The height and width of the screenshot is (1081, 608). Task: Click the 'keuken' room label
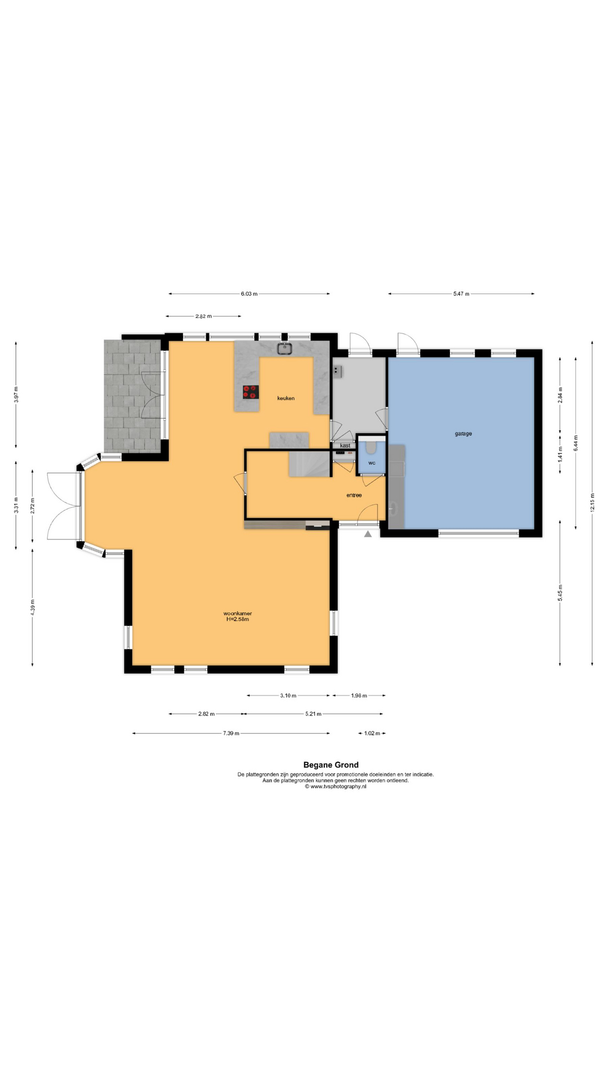point(285,398)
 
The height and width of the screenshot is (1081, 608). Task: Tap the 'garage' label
point(463,434)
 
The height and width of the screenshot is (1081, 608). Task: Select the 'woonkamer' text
point(238,613)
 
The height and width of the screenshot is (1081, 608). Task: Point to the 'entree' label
point(354,495)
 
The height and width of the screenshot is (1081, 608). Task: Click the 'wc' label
point(372,463)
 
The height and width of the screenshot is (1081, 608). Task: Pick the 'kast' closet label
point(345,445)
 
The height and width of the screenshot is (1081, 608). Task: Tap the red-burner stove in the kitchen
point(251,392)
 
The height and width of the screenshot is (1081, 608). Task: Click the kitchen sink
point(286,349)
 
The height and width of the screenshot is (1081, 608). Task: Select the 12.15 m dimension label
point(592,504)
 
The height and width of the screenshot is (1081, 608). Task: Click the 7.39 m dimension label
point(231,733)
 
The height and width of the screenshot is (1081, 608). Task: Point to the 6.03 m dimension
point(249,293)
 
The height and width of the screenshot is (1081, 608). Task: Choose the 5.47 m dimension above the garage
point(461,293)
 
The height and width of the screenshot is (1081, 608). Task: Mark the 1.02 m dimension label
point(372,733)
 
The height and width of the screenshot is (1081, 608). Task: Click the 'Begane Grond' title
point(331,765)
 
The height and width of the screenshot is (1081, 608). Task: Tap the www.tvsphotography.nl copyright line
point(336,787)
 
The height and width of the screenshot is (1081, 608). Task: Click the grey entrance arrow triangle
point(368,534)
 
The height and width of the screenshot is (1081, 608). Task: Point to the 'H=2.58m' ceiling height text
point(238,619)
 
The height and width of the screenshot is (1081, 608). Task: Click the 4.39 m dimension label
point(32,607)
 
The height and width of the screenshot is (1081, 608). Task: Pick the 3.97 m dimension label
point(16,395)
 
